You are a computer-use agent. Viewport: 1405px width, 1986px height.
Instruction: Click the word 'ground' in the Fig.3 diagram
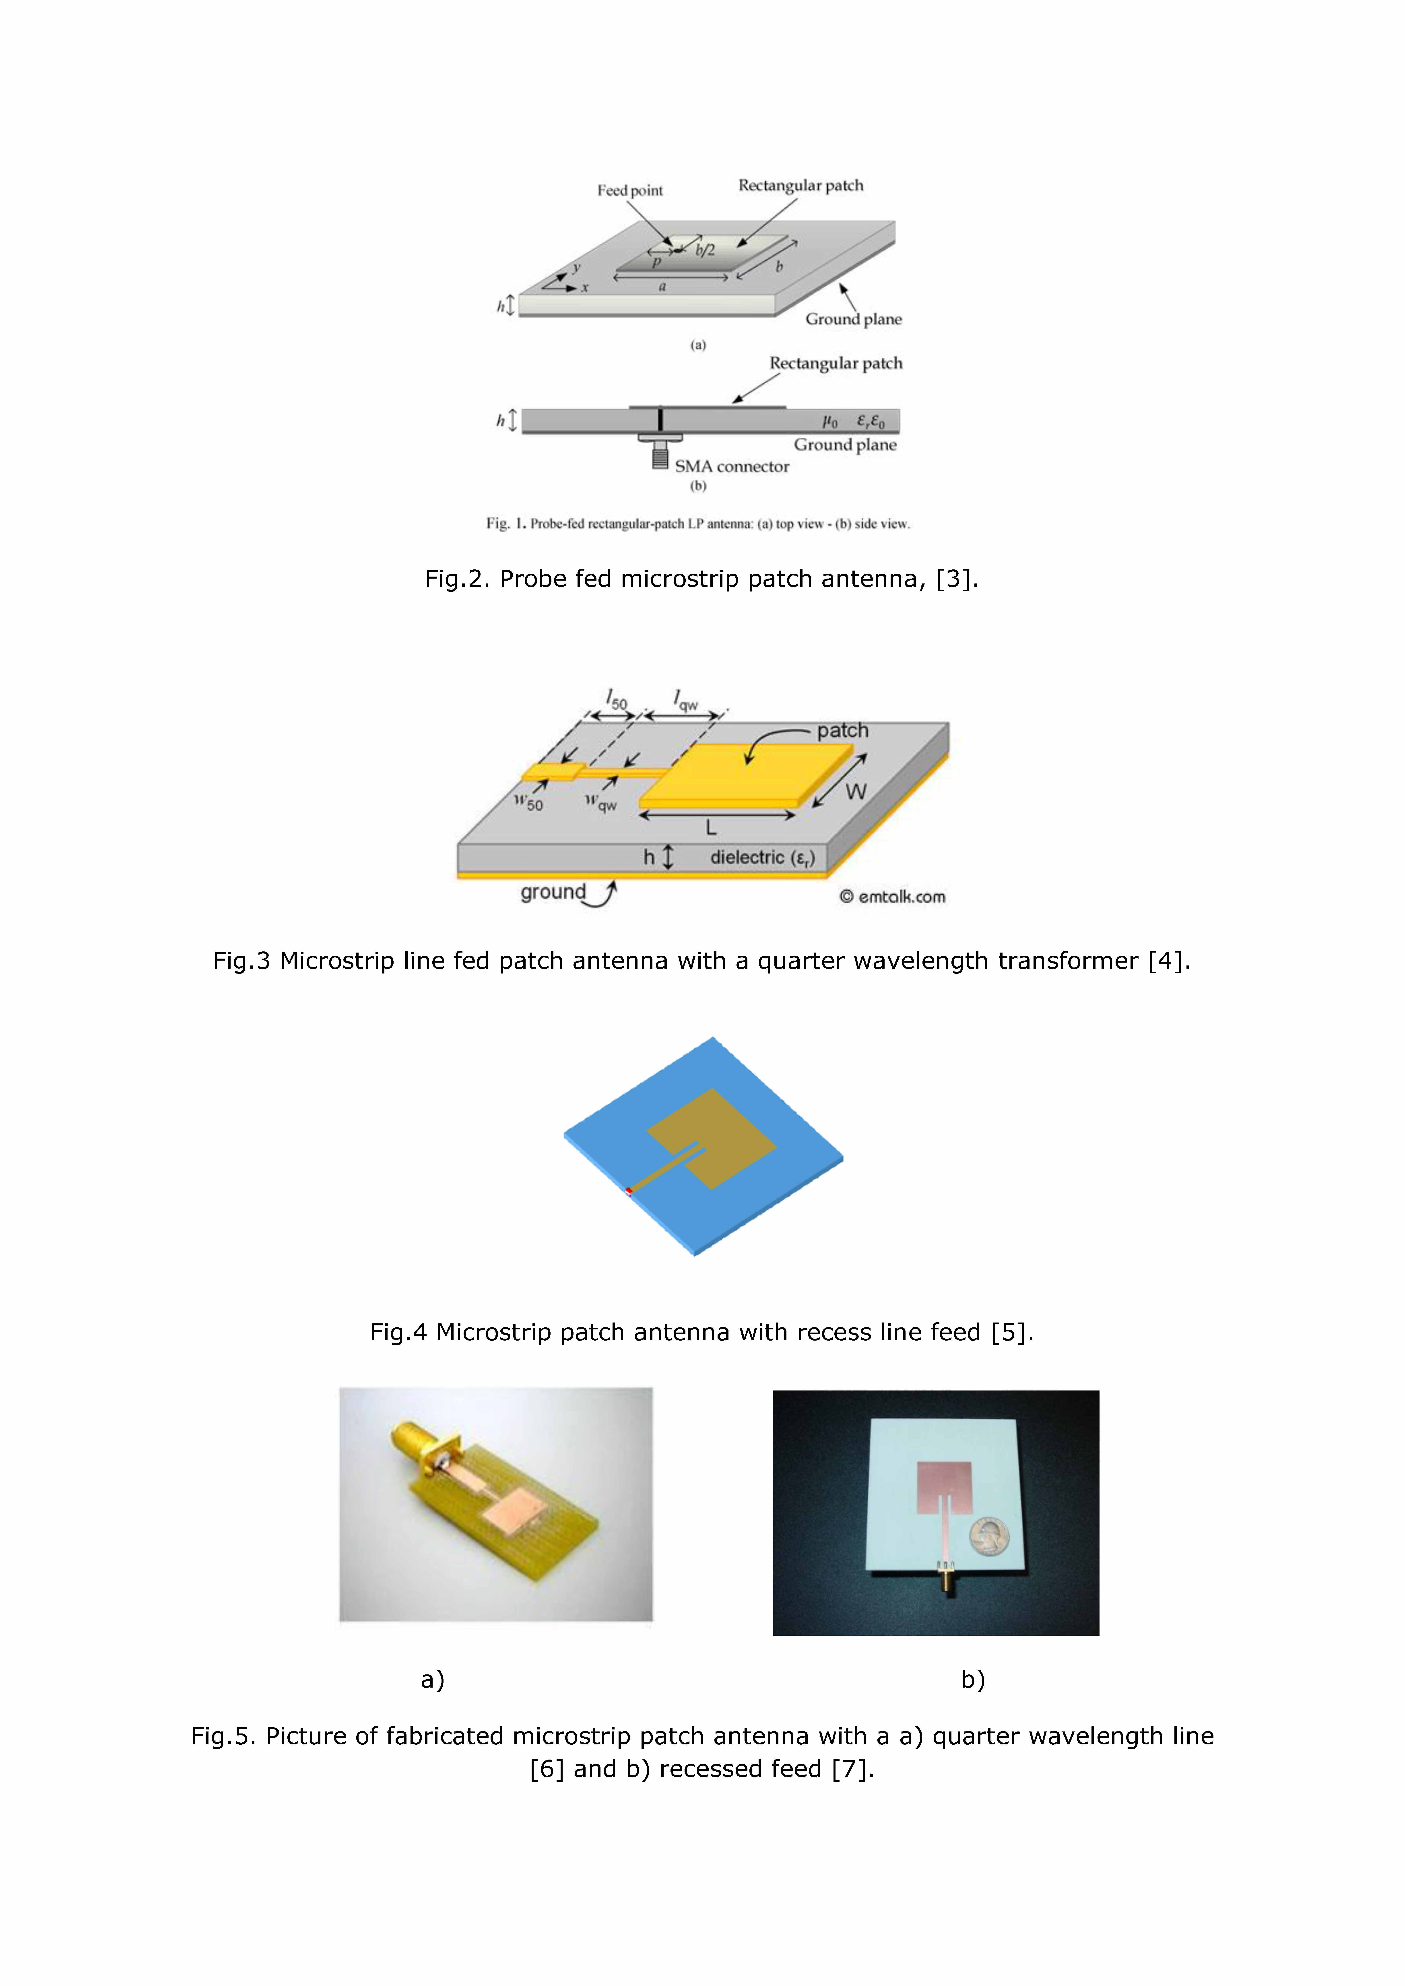pos(553,892)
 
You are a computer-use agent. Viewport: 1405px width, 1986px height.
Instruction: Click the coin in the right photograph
pos(989,1536)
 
